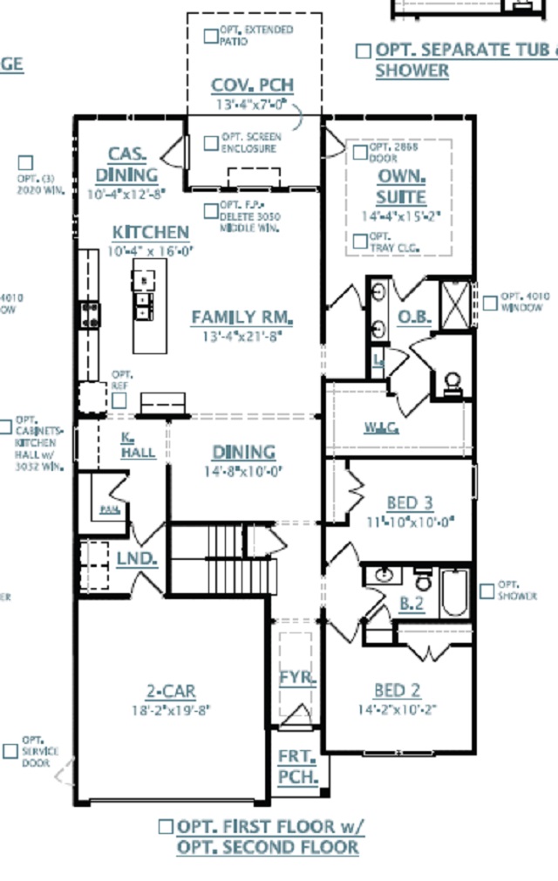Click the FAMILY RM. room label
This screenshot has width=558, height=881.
point(242,317)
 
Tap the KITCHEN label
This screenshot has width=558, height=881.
point(151,232)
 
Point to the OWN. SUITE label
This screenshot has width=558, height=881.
point(402,186)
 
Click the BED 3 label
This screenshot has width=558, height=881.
point(410,503)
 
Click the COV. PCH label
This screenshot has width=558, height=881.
point(253,85)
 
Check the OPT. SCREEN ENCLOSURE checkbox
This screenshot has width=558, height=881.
point(211,142)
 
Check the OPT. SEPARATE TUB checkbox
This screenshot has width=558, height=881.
point(363,51)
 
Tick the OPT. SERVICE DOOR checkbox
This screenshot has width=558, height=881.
point(11,750)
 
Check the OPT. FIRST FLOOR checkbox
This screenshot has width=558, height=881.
point(166,826)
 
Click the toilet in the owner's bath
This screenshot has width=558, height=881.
point(453,382)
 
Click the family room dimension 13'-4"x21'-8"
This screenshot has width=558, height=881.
point(242,334)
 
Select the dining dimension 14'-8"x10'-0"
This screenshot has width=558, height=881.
point(244,471)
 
